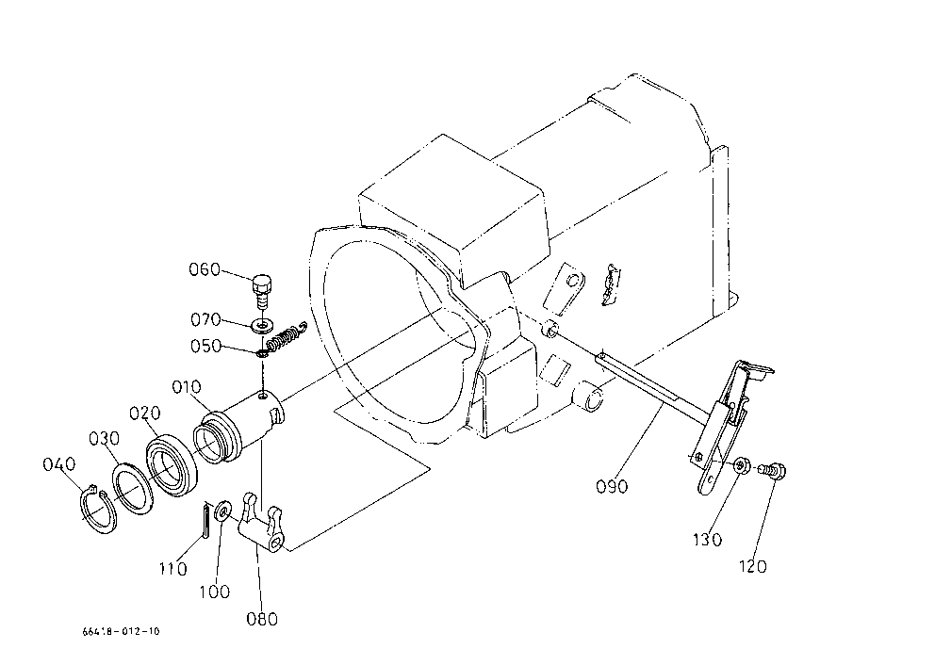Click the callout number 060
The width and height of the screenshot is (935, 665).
pyautogui.click(x=205, y=269)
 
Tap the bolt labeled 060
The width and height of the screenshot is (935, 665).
pyautogui.click(x=261, y=291)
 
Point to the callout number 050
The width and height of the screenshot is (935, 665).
pyautogui.click(x=205, y=347)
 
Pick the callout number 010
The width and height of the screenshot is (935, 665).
pyautogui.click(x=187, y=387)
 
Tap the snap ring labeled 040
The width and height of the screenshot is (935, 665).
pyautogui.click(x=99, y=509)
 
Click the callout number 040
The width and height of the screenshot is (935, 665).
pyautogui.click(x=59, y=464)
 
